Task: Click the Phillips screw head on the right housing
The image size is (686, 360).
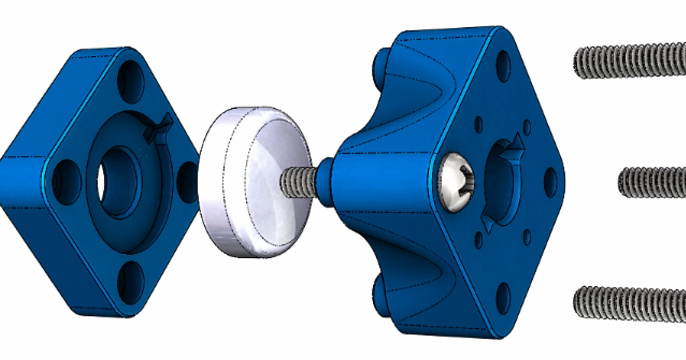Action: [456, 182]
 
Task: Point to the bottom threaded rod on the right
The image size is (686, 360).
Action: [629, 303]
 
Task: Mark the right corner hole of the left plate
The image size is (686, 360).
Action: [188, 182]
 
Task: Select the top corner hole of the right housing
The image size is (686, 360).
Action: [503, 66]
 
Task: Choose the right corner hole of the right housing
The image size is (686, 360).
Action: [549, 182]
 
